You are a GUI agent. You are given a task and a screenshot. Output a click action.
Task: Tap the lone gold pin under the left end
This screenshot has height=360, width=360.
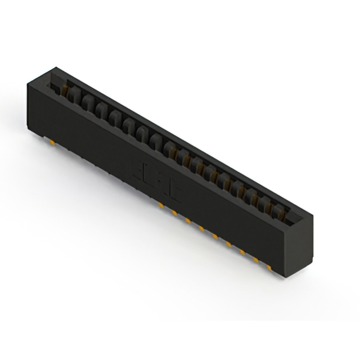click(x=52, y=142)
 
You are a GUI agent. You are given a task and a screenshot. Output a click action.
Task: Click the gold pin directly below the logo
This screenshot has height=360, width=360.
click(x=161, y=206)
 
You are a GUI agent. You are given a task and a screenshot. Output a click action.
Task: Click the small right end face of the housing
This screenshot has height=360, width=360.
click(x=300, y=247)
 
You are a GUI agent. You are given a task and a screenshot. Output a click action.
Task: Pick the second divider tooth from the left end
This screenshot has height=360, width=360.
click(x=86, y=100)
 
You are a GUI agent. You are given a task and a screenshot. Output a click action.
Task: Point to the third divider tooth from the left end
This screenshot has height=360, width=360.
click(x=100, y=107)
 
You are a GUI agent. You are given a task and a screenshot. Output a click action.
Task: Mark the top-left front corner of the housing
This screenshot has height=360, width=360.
click(x=26, y=83)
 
